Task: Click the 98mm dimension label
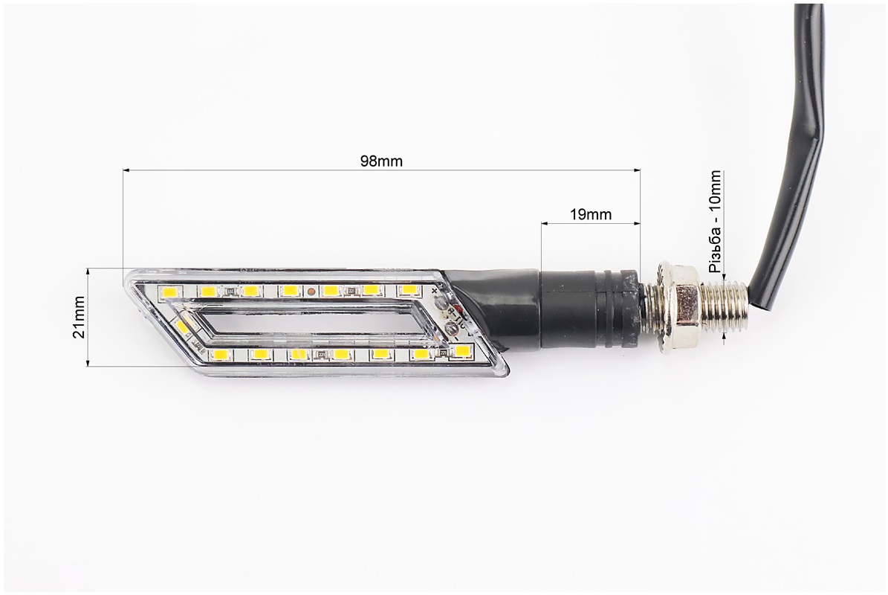point(382,161)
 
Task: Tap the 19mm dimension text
point(591,214)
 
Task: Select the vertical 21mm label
point(79,318)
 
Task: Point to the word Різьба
point(715,254)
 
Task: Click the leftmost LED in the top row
point(169,293)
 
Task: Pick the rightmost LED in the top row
point(408,290)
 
